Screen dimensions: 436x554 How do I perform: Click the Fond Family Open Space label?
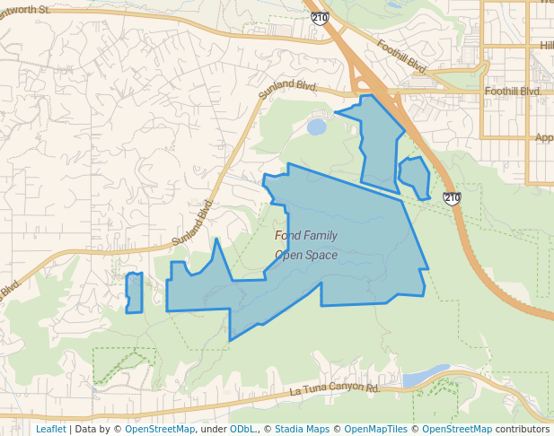coord(306,245)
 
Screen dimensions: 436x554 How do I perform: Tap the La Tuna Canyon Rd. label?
coord(336,389)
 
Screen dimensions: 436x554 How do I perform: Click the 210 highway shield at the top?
coord(320,17)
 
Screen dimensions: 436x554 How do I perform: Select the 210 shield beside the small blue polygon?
coord(452,197)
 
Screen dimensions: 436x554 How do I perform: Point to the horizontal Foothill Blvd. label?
coord(513,92)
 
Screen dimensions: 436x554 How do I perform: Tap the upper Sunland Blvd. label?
coord(288,88)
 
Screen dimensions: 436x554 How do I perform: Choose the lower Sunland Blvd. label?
coord(192,223)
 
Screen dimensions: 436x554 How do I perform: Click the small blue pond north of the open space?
coord(316,127)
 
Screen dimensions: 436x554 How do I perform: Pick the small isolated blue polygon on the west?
coord(134,293)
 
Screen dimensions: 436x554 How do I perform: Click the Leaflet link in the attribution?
coord(50,429)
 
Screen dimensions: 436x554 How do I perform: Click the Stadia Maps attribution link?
coord(302,429)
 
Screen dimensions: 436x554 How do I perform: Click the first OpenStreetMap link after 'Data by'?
coord(160,429)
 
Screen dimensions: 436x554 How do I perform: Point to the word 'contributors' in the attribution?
coord(523,429)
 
